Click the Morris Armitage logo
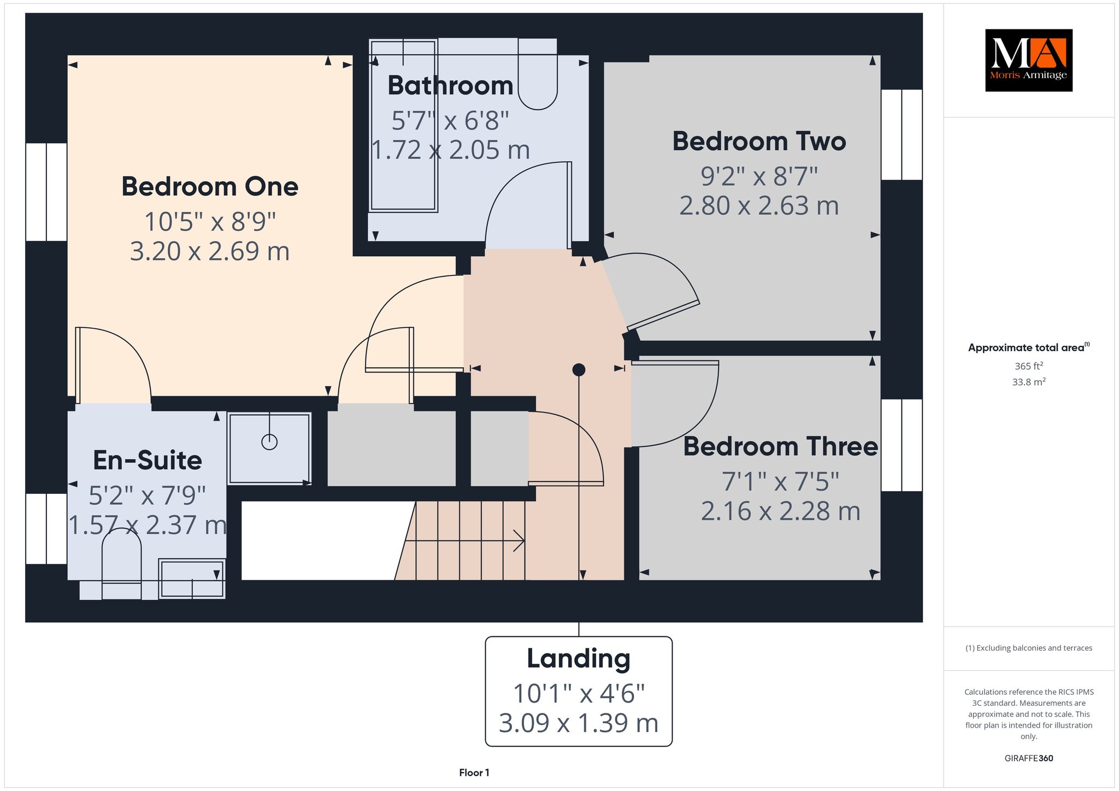[1028, 60]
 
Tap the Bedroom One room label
[210, 187]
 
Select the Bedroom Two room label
[759, 141]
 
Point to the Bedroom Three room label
[780, 446]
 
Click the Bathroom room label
[450, 86]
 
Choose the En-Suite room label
[148, 461]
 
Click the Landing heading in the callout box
[579, 658]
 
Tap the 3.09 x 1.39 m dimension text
[579, 723]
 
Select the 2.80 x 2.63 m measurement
[759, 206]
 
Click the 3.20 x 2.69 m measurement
[210, 251]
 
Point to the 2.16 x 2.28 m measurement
[780, 511]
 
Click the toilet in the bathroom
[537, 74]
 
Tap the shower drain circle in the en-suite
[269, 441]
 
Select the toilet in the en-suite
[121, 563]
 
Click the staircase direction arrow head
[520, 541]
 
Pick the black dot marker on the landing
[579, 370]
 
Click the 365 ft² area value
[1029, 366]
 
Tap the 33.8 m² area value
[1029, 382]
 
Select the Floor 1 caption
[474, 772]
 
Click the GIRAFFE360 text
[1029, 758]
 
